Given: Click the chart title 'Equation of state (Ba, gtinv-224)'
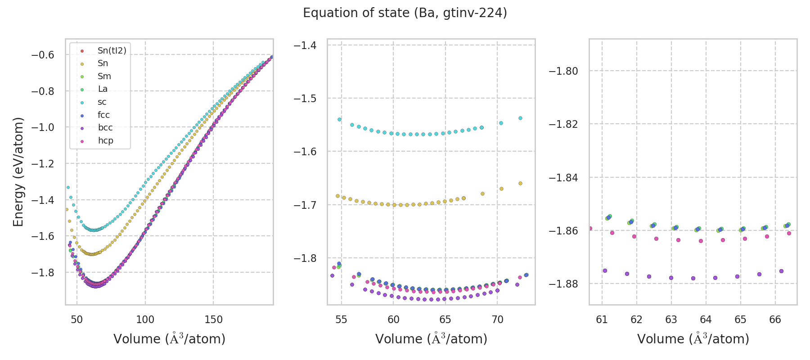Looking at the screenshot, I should point(405,13).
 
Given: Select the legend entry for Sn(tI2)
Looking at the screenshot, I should point(112,51).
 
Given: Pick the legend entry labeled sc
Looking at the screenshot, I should point(102,102).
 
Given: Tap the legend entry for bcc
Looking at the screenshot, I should point(105,128).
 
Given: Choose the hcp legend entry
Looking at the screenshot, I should point(106,141).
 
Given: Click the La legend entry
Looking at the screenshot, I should point(103,89).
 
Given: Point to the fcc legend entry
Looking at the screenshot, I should point(103,115).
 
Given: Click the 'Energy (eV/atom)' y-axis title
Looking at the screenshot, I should point(18,172).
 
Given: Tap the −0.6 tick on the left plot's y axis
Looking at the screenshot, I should point(42,55).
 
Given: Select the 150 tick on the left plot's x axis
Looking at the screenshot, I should point(213,319).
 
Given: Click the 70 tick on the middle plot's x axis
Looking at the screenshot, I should point(497,319).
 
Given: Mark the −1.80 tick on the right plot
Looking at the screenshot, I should point(563,71).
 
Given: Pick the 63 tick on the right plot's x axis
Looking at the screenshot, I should point(671,319).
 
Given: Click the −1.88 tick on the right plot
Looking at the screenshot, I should point(563,284).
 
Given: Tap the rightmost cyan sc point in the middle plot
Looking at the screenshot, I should point(520,118).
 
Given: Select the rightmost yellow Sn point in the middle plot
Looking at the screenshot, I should point(520,183).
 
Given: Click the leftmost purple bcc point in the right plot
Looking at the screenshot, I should point(605,270).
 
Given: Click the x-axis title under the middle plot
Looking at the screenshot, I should point(431,339).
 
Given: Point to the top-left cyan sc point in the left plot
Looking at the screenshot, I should point(68,187).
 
